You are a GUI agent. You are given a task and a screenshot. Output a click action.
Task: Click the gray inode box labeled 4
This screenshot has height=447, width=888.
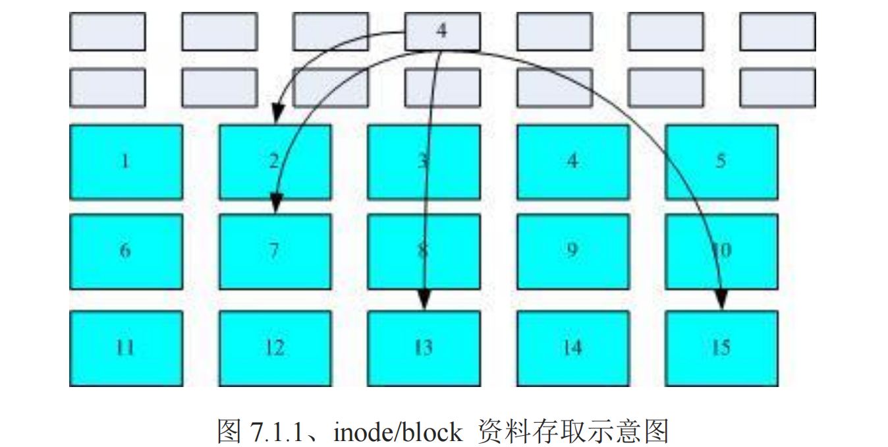point(442,31)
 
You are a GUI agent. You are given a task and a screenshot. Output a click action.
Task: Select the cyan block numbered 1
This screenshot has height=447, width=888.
point(125,162)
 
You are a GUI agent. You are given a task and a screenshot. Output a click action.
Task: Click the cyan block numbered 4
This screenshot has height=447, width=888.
point(572,162)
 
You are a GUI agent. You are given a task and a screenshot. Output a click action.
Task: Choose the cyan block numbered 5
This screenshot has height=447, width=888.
point(721,162)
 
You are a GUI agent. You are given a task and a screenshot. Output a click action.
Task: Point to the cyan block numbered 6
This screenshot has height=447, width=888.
point(125,251)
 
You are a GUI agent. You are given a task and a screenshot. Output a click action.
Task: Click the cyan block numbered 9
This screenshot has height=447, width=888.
point(572,251)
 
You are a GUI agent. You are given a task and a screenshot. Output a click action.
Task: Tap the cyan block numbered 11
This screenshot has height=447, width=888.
point(125,348)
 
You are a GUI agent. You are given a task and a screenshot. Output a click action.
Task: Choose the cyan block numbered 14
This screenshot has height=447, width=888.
point(572,348)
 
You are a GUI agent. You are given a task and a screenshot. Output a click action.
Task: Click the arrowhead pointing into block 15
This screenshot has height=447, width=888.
point(721,300)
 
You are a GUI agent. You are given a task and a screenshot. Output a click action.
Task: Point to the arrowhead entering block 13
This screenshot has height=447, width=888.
point(424,300)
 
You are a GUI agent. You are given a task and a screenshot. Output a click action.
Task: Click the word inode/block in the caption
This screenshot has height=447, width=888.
point(398,432)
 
